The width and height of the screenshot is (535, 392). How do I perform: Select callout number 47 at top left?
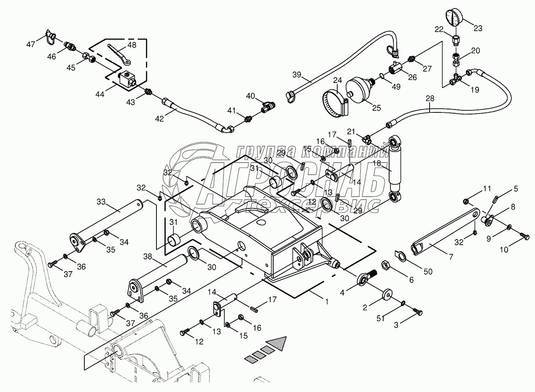31,45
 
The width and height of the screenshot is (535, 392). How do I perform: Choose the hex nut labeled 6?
385,265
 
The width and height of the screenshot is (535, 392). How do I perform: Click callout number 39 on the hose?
297,75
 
